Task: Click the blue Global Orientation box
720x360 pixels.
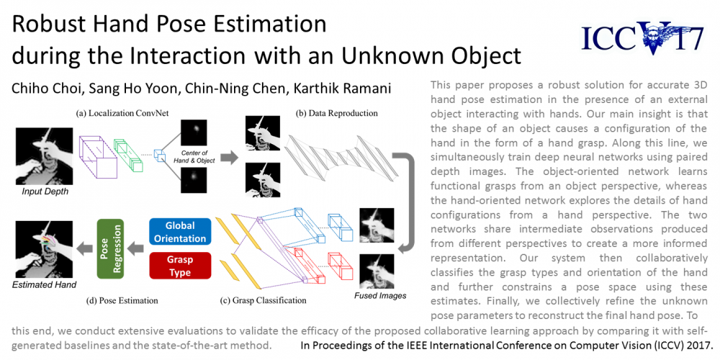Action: click(179, 232)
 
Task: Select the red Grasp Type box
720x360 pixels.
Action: click(179, 266)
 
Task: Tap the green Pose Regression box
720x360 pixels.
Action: click(111, 248)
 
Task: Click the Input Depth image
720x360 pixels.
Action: click(45, 156)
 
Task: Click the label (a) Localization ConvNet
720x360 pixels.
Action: click(113, 112)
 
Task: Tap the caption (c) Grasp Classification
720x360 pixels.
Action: click(263, 301)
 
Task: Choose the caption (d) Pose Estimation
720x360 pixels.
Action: click(122, 301)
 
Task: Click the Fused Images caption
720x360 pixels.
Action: click(380, 296)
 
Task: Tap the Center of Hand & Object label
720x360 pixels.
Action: click(193, 157)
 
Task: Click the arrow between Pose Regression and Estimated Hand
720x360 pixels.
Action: click(84, 249)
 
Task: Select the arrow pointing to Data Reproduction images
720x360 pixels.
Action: click(229, 158)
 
